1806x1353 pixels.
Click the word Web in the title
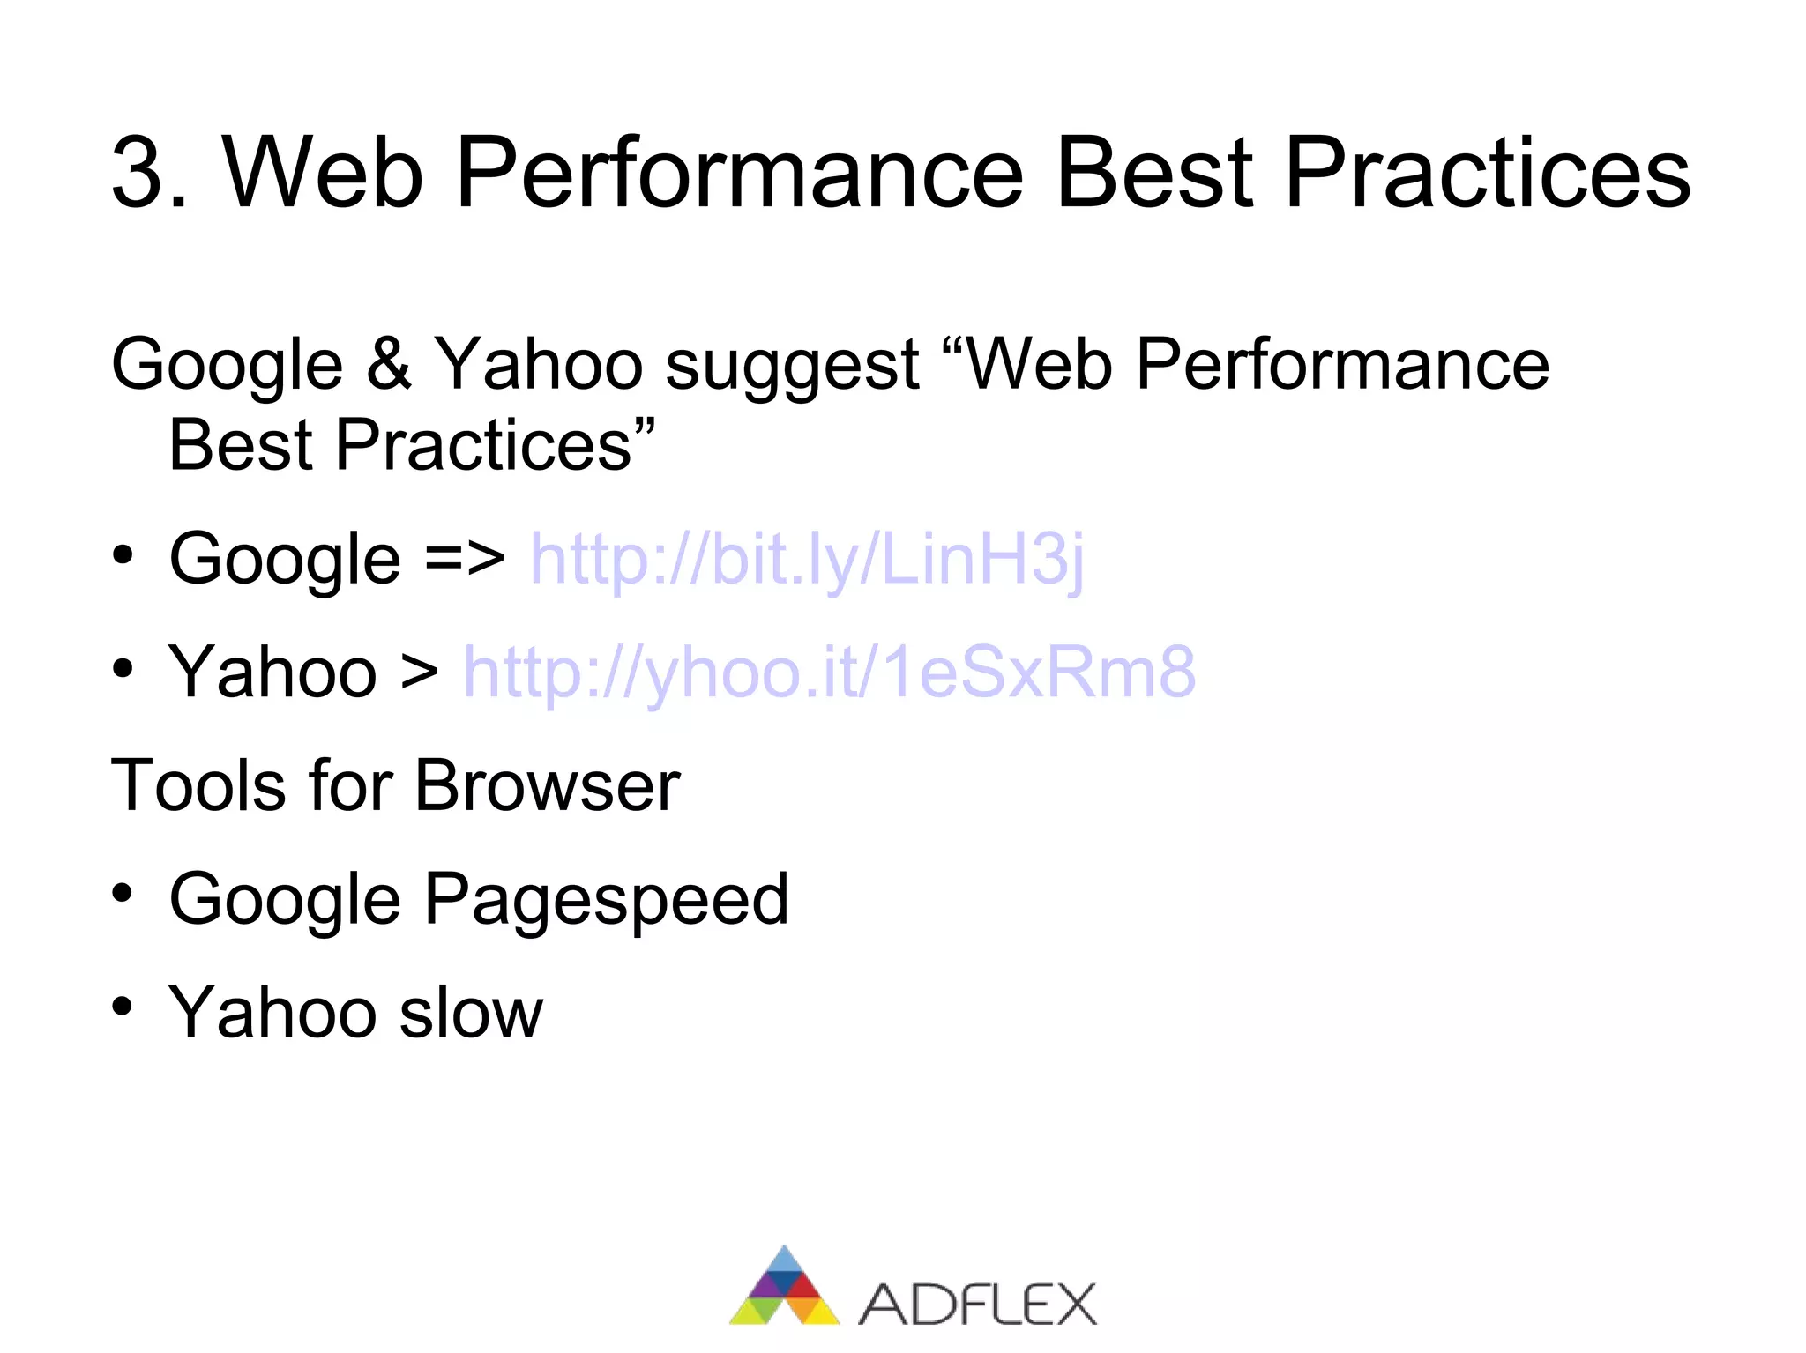coord(323,173)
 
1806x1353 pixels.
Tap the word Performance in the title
coord(739,173)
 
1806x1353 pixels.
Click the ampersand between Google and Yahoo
coord(389,364)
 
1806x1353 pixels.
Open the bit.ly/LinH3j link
coord(806,559)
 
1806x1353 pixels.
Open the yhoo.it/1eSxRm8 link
coord(829,672)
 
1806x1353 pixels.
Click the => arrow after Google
coord(465,559)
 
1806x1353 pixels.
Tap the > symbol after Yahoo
coord(420,673)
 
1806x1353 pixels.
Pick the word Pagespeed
coord(606,901)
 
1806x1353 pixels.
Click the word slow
coord(471,1012)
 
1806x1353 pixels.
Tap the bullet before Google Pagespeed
coord(123,894)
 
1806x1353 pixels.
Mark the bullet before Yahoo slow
coord(123,1007)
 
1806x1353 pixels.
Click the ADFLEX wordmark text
coord(977,1305)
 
